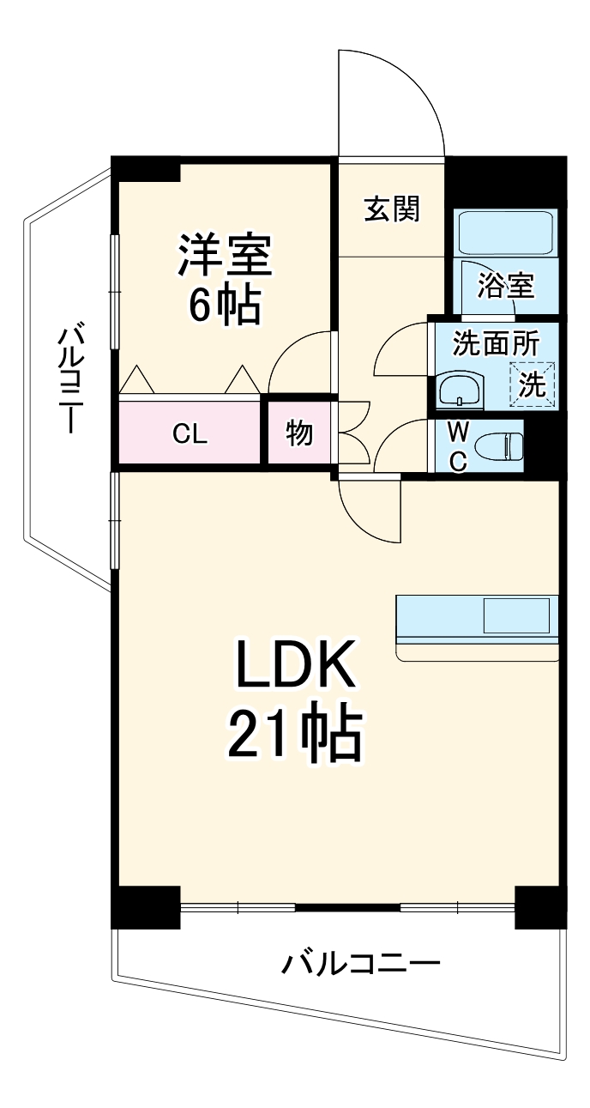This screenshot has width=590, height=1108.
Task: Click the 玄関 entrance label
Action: [392, 209]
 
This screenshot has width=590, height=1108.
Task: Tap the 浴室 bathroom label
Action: [506, 285]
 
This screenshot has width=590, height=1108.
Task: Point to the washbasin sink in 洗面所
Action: [461, 391]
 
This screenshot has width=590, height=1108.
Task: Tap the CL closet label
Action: [190, 434]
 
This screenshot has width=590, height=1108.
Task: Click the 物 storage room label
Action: [298, 434]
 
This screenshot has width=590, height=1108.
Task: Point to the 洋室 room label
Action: [225, 255]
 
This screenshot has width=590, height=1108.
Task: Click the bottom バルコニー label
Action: [360, 964]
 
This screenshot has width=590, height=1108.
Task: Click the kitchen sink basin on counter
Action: [515, 615]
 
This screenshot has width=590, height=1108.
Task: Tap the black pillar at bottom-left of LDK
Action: [146, 906]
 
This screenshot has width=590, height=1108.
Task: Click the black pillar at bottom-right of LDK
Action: [540, 906]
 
